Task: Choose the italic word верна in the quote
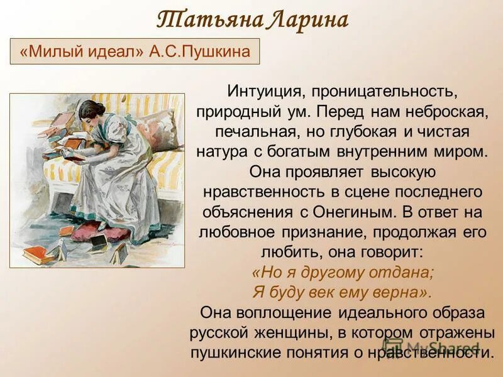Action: [x=395, y=293]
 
